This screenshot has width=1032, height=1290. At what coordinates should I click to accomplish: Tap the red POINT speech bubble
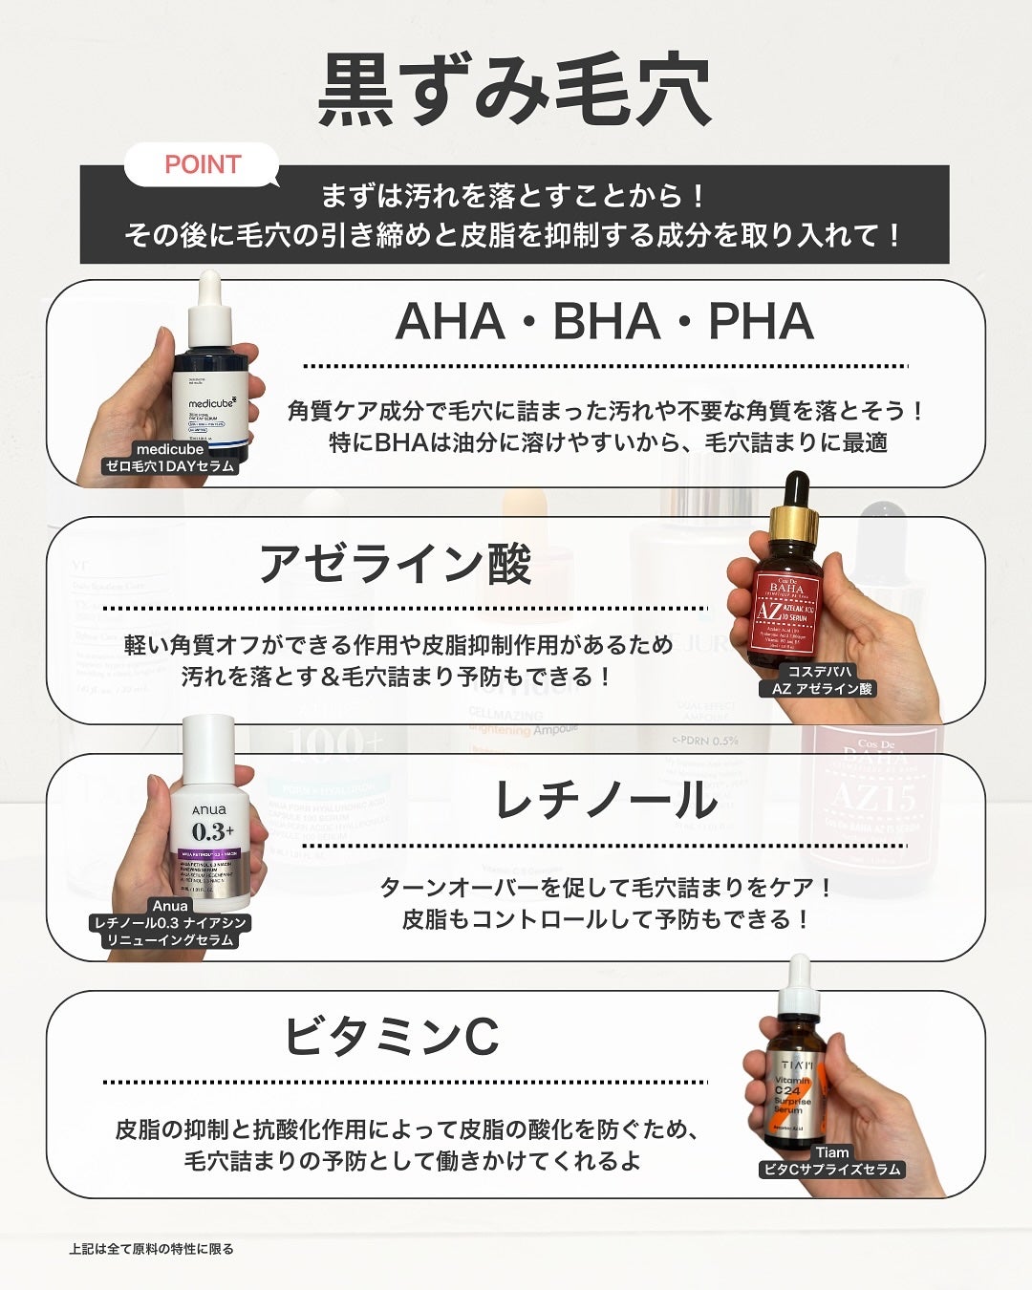202,164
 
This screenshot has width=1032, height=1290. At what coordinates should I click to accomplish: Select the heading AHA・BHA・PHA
604,321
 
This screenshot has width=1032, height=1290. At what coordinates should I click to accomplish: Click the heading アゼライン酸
395,562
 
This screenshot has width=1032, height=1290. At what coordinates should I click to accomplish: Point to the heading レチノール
605,801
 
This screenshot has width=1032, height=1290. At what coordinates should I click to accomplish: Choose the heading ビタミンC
392,1035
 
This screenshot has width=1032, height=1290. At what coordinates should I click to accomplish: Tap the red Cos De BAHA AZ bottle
786,592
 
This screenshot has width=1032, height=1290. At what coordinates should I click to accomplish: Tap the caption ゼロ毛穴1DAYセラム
170,466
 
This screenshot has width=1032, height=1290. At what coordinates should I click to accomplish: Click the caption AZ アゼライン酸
822,688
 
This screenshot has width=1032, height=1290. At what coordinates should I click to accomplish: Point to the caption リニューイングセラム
170,940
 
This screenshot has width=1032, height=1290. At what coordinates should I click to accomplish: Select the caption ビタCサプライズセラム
830,1170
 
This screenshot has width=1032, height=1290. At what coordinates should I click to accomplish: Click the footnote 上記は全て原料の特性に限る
151,1249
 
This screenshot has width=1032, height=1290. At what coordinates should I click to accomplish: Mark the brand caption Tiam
832,1152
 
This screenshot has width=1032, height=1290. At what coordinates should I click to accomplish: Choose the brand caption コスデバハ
820,671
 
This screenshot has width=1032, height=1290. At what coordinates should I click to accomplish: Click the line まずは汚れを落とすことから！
514,196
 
